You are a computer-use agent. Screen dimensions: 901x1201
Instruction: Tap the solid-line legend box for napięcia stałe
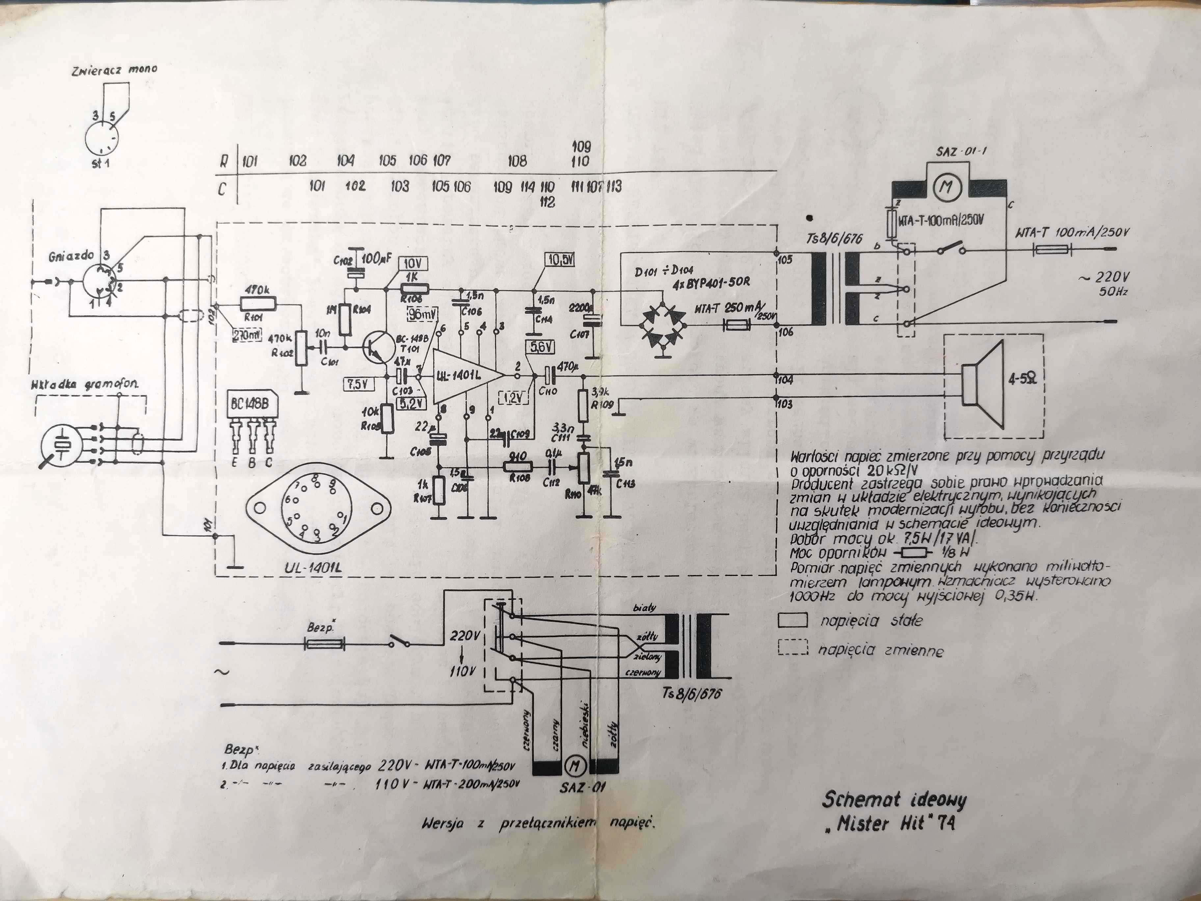click(x=792, y=620)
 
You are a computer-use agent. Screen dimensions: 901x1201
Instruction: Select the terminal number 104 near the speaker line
click(x=785, y=380)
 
